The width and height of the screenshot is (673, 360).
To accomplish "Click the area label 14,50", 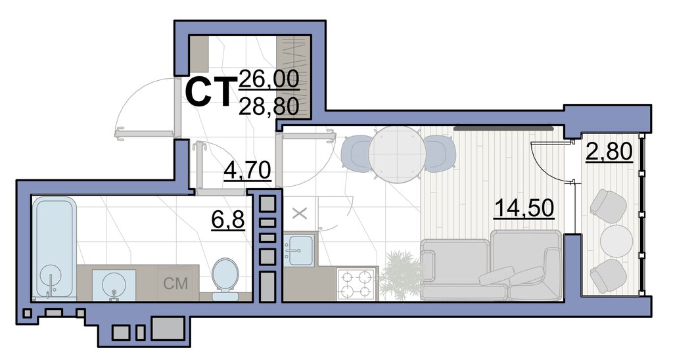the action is (524, 208).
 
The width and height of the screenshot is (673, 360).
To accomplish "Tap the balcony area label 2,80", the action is (609, 152).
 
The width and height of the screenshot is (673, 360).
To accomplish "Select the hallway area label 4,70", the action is (247, 169).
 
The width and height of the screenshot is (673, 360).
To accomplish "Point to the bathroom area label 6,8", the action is (228, 221).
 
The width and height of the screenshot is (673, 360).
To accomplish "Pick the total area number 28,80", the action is (269, 106).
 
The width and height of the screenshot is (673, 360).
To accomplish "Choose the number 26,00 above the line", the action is (269, 79).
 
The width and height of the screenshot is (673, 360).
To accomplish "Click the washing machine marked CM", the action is (176, 283).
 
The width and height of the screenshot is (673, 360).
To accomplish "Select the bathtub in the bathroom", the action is (54, 248).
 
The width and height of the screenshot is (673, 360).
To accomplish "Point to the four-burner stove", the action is (354, 284).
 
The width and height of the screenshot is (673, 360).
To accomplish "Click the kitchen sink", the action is (299, 250).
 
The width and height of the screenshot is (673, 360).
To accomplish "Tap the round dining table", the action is (397, 154).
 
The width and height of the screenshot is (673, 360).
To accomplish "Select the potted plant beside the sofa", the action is (401, 275).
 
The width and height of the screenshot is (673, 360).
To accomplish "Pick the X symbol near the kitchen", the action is (300, 214).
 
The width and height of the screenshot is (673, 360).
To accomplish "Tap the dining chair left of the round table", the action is (356, 154).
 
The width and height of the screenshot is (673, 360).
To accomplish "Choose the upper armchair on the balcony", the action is (609, 206).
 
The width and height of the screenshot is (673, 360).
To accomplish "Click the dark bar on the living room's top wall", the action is (503, 127).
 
